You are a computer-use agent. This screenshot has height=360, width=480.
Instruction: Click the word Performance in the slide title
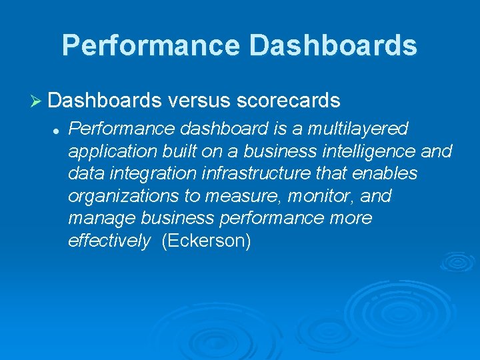(x=150, y=45)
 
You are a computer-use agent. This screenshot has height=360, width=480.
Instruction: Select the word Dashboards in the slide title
(x=333, y=45)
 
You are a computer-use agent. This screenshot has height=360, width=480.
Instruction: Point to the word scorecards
(x=289, y=101)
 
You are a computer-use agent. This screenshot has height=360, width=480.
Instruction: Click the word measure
(x=231, y=197)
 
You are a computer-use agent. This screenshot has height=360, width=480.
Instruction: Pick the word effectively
(x=109, y=241)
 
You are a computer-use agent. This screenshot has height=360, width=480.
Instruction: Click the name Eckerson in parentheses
(x=206, y=241)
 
